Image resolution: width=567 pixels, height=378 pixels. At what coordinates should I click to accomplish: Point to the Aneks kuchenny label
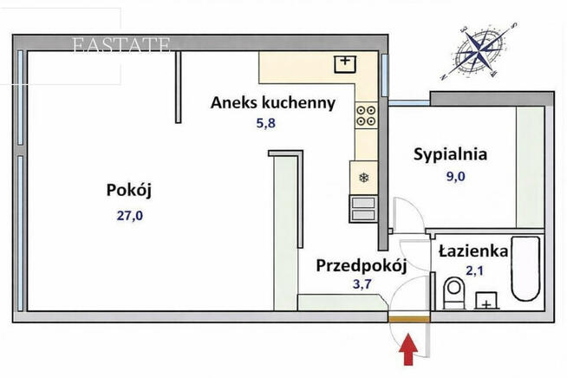pos(273,103)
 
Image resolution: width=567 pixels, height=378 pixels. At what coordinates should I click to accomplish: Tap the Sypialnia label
pos(450,155)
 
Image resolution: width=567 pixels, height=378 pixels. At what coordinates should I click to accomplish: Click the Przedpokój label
pos(361,265)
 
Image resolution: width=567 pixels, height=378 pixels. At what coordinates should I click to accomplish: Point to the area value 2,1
pos(473,271)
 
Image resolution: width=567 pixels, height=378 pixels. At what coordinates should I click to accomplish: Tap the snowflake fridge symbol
pos(364,178)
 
